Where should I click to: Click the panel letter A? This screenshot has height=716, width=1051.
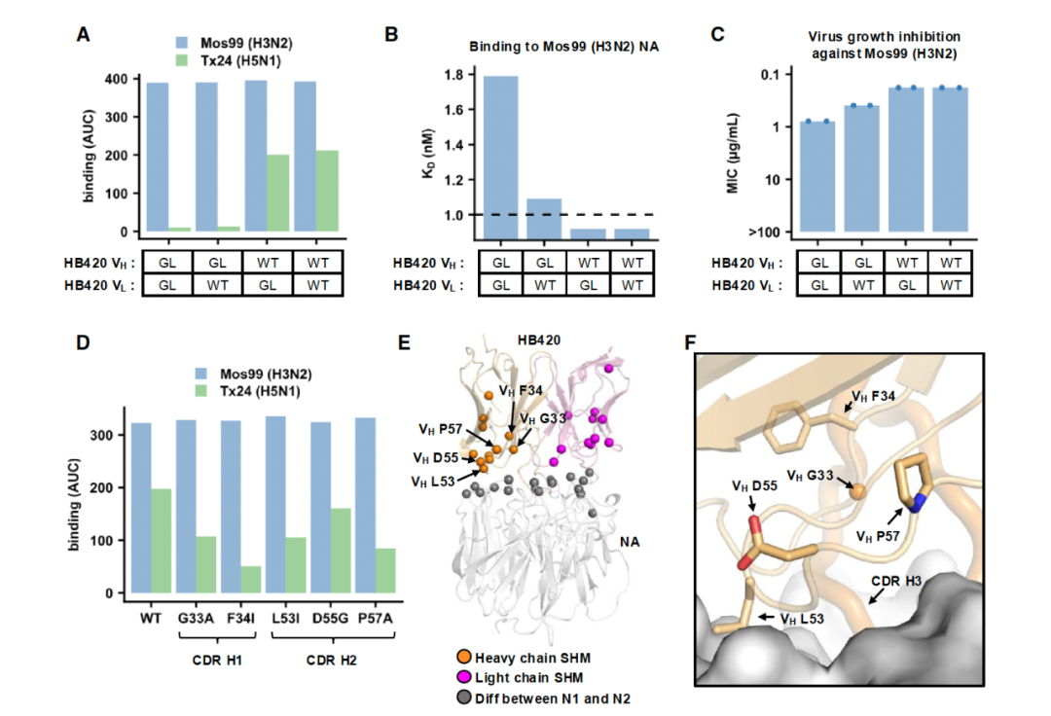point(84,35)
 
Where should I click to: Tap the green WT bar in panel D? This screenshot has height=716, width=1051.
point(161,541)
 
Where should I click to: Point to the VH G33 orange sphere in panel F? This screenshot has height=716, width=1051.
point(855,492)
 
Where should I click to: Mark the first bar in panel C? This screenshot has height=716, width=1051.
point(818,177)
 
